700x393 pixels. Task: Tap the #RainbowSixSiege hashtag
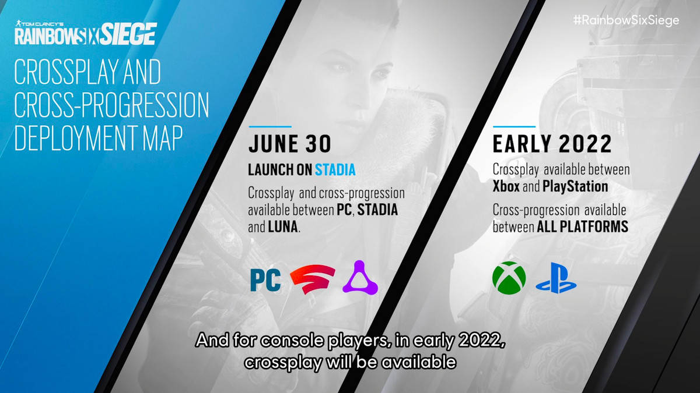coord(626,20)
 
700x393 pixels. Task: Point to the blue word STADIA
coord(335,170)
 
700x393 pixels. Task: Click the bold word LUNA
coord(283,226)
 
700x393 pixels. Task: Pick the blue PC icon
coord(265,279)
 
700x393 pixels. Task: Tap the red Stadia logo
coord(313,279)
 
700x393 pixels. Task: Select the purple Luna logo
coord(363,277)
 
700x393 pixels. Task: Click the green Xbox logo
coord(509,278)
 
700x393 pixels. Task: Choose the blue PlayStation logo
coord(556,279)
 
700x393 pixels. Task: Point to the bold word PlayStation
coord(575,187)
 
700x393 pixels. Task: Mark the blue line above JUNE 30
coord(269,126)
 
